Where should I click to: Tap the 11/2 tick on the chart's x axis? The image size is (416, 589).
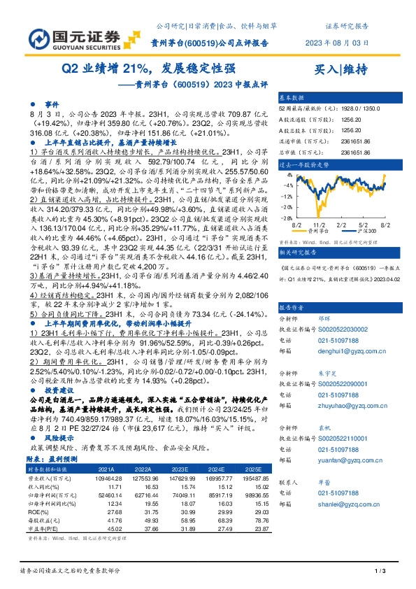click(324, 225)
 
